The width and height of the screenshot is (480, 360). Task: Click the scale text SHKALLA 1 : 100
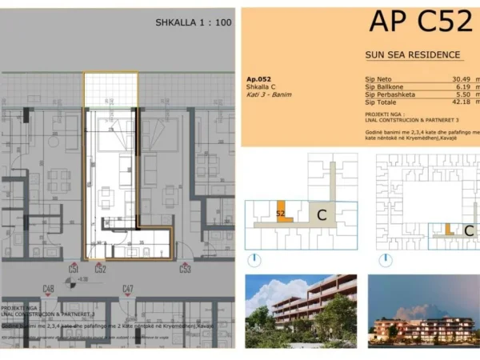(193, 22)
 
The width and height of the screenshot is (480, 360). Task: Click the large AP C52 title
(420, 22)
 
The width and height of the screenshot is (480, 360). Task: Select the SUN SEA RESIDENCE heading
(413, 54)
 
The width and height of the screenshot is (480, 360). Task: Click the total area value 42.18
(453, 102)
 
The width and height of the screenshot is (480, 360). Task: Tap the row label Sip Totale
(381, 102)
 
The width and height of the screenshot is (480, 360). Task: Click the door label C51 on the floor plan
(74, 269)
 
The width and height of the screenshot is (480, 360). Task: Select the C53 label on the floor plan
(185, 269)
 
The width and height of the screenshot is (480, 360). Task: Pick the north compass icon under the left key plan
(253, 260)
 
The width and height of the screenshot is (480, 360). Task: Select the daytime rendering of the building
(300, 309)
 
